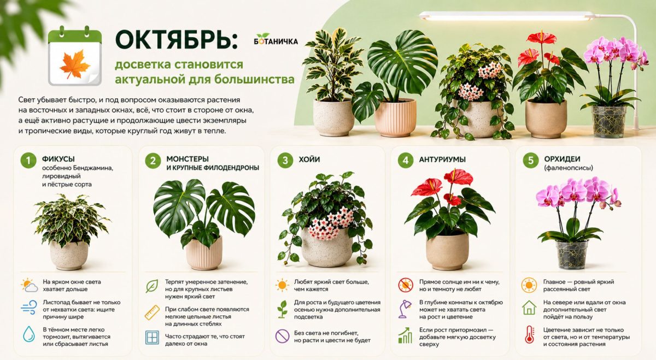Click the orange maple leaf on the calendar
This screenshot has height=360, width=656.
(x=75, y=64)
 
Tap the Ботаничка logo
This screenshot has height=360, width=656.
(x=276, y=39)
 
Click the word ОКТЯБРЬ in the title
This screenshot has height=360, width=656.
(x=175, y=39)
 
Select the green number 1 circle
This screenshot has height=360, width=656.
(x=28, y=161)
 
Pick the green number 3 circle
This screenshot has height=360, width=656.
(x=285, y=161)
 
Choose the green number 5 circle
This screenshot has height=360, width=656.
(x=531, y=161)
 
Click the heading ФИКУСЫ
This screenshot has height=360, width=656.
(x=58, y=159)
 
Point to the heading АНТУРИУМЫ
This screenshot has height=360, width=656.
(x=442, y=160)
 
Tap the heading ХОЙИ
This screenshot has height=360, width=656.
(x=309, y=160)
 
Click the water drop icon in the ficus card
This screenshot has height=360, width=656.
(x=28, y=334)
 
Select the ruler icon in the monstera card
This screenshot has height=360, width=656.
(x=153, y=312)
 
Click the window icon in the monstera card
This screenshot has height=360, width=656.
(x=153, y=338)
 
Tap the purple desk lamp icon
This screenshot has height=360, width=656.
(x=405, y=309)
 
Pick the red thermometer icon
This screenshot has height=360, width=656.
(x=529, y=334)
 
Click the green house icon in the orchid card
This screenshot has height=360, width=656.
(x=529, y=308)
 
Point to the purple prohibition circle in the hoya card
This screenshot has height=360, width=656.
(x=282, y=336)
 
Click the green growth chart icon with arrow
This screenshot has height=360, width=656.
(x=405, y=335)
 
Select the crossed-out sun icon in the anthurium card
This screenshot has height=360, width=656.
(x=406, y=285)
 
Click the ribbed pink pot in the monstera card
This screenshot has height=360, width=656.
(x=204, y=253)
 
